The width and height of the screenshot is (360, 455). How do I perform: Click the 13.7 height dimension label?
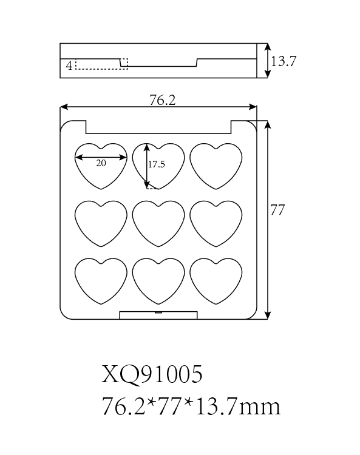click(x=284, y=61)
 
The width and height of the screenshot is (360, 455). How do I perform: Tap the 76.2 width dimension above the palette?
click(x=163, y=100)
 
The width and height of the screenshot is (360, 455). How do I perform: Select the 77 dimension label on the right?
click(x=277, y=210)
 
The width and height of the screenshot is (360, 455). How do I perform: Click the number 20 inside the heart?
click(x=101, y=163)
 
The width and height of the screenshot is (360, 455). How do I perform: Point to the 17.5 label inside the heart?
click(x=157, y=164)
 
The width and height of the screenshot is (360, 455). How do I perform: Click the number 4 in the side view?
click(x=69, y=66)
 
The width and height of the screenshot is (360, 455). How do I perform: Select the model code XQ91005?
click(x=152, y=374)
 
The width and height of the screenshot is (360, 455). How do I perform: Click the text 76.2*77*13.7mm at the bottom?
click(x=191, y=406)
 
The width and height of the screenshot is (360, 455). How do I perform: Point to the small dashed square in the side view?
click(x=124, y=64)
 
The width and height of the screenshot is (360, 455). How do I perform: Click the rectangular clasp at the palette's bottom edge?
click(x=158, y=315)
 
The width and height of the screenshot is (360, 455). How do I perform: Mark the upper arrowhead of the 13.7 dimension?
click(x=268, y=47)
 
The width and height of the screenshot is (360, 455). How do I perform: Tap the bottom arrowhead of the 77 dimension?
click(x=268, y=315)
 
